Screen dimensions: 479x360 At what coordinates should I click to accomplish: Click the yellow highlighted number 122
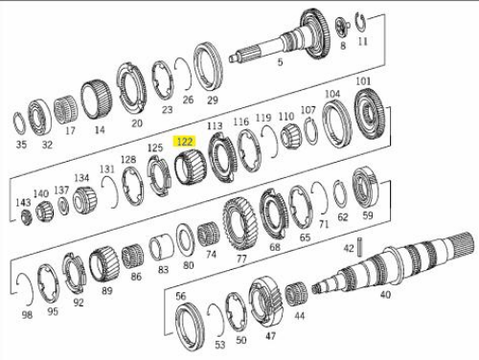[185, 142]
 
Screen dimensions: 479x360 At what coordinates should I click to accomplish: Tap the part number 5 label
[280, 61]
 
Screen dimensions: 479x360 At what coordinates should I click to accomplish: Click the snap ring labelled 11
[361, 22]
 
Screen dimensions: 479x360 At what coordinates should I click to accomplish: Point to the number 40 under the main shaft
[385, 294]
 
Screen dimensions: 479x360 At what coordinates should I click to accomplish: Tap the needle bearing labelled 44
[296, 294]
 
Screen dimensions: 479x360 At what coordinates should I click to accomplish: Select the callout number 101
[363, 81]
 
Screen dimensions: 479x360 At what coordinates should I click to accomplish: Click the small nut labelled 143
[26, 216]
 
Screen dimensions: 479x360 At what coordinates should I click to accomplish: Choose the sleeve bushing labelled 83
[161, 247]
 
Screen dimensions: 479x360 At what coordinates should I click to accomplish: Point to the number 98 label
[27, 315]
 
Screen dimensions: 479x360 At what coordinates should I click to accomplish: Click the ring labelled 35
[19, 124]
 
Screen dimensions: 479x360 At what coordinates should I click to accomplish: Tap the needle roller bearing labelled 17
[66, 109]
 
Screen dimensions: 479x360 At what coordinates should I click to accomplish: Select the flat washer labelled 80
[186, 239]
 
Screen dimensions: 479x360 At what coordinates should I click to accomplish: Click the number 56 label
[181, 296]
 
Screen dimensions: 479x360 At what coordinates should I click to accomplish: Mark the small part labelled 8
[342, 26]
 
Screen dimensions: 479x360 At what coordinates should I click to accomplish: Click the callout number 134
[81, 178]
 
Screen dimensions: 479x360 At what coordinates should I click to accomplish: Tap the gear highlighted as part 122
[191, 168]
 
